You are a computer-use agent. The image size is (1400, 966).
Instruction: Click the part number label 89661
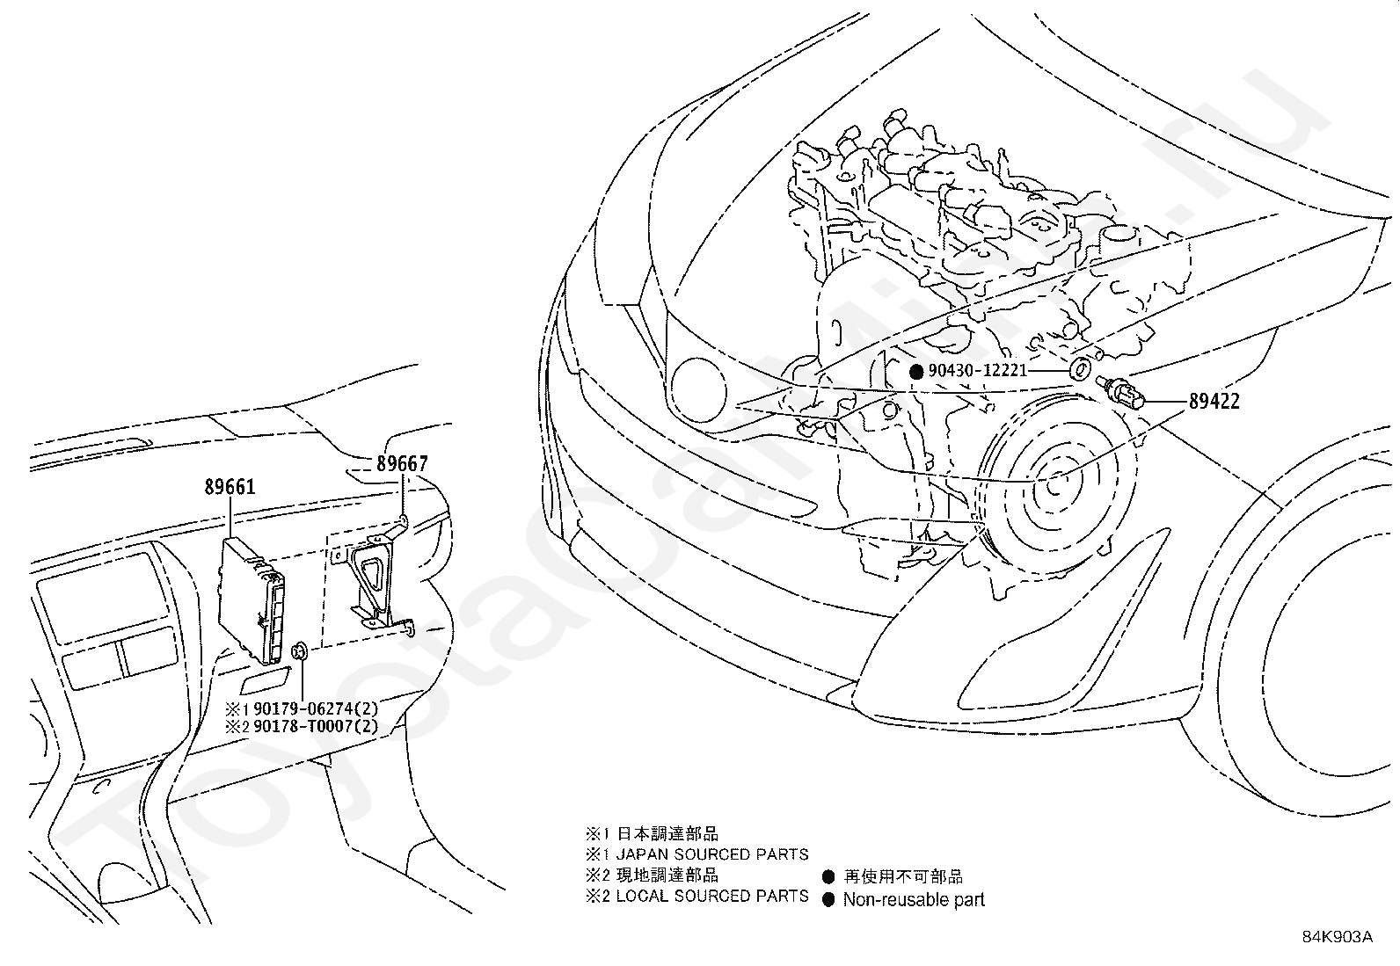point(230,487)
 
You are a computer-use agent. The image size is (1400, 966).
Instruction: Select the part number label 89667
point(402,463)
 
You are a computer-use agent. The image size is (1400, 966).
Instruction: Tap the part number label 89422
point(1214,401)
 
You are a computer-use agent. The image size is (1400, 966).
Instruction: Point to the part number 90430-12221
point(978,371)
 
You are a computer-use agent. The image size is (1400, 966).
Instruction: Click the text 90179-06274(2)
point(316,708)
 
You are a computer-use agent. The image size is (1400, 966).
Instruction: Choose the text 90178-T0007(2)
point(316,726)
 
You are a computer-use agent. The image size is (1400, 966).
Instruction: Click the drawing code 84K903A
point(1338,937)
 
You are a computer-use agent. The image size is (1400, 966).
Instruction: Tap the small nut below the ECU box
point(300,651)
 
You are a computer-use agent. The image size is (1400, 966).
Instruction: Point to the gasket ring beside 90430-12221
point(1079,369)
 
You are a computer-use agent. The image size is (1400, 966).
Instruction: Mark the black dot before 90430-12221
point(916,372)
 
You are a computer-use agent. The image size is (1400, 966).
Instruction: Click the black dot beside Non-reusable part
point(828,900)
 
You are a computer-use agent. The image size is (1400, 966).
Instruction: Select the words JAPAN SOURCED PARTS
point(712,854)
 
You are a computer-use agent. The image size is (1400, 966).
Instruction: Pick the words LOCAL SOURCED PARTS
point(712,896)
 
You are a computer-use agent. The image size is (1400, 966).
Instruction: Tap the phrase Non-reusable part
point(914,900)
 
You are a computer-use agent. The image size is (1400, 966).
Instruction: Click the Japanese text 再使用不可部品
point(903,876)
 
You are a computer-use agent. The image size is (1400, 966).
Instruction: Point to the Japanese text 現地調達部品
point(667,875)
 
